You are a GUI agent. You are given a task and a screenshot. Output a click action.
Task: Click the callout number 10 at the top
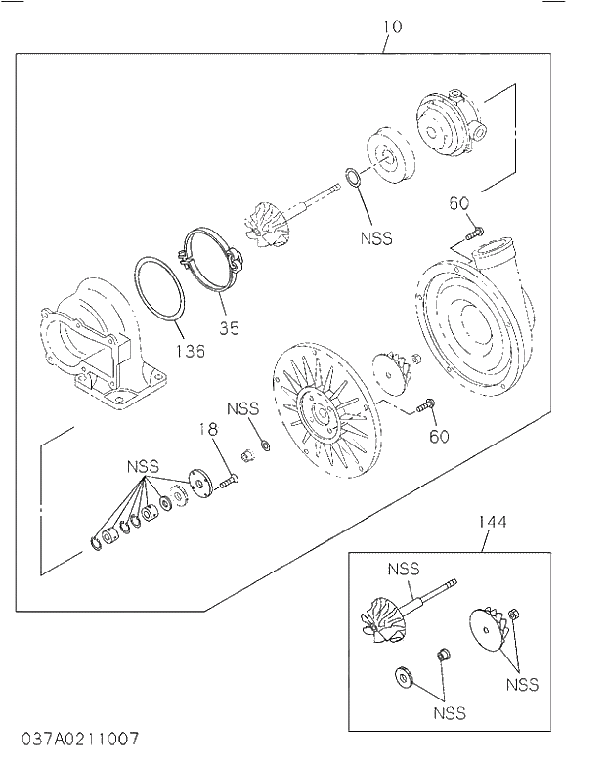coord(392,26)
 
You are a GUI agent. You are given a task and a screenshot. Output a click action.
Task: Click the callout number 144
coord(493,523)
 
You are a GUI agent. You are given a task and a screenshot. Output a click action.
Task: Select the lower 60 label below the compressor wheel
coord(438,436)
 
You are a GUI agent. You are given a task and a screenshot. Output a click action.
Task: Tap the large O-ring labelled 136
coord(160,288)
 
